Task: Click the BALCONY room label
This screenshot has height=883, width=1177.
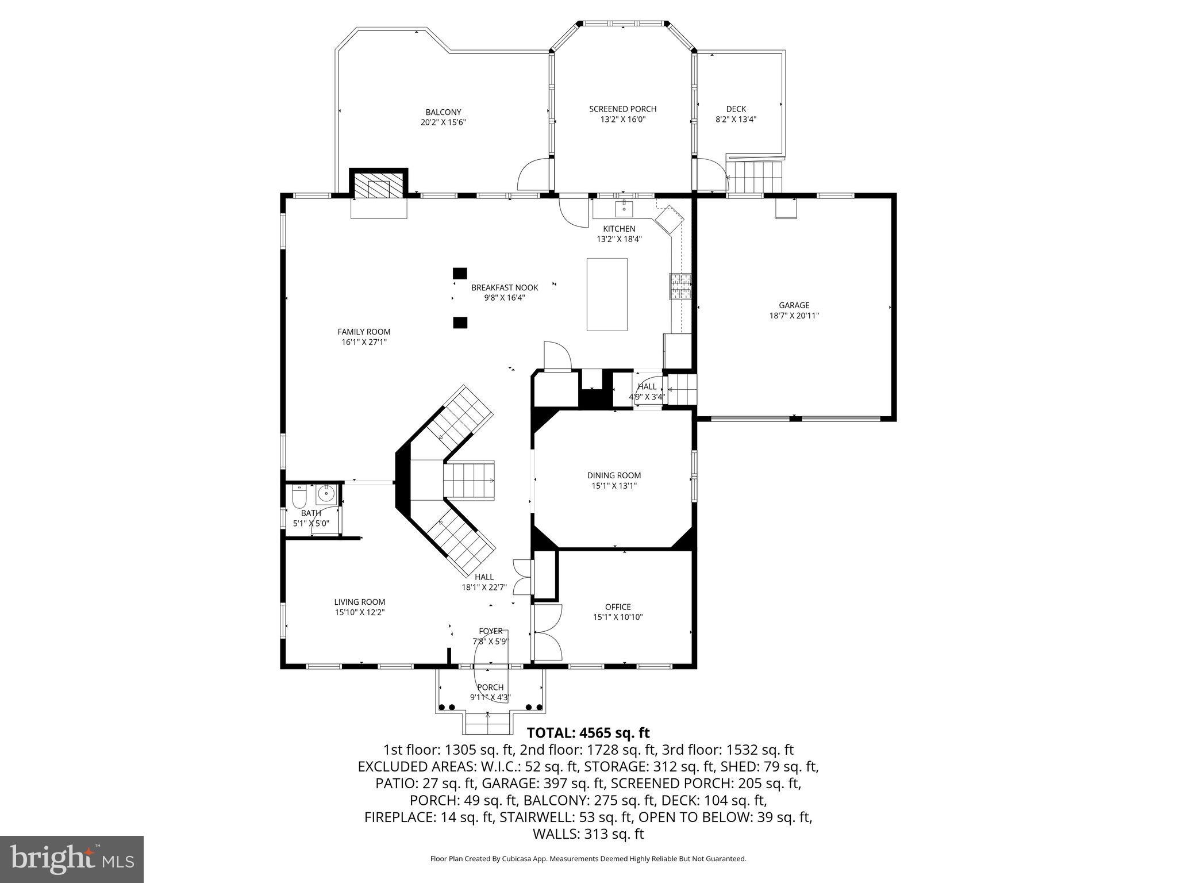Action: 443,112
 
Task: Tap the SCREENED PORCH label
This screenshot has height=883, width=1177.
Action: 622,109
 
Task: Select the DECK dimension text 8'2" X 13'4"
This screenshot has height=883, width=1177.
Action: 736,120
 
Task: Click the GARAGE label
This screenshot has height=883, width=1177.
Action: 794,305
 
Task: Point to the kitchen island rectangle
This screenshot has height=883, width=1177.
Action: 606,294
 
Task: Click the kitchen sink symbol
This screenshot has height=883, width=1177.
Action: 624,206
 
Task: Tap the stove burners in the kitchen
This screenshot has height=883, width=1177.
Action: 679,286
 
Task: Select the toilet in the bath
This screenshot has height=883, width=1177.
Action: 299,496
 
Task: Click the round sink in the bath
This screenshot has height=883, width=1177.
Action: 326,493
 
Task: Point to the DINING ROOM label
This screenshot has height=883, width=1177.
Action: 614,475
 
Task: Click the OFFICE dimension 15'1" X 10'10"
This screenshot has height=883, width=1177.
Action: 618,617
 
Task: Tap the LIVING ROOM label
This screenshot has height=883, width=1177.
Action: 360,602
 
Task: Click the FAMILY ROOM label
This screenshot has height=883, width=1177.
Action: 364,332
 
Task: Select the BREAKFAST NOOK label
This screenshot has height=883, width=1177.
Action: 505,287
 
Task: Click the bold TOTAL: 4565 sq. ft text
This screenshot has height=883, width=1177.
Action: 588,733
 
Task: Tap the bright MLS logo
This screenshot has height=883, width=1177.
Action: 72,859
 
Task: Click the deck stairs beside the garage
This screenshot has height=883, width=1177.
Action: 755,177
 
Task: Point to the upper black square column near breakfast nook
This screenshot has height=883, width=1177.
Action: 460,273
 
